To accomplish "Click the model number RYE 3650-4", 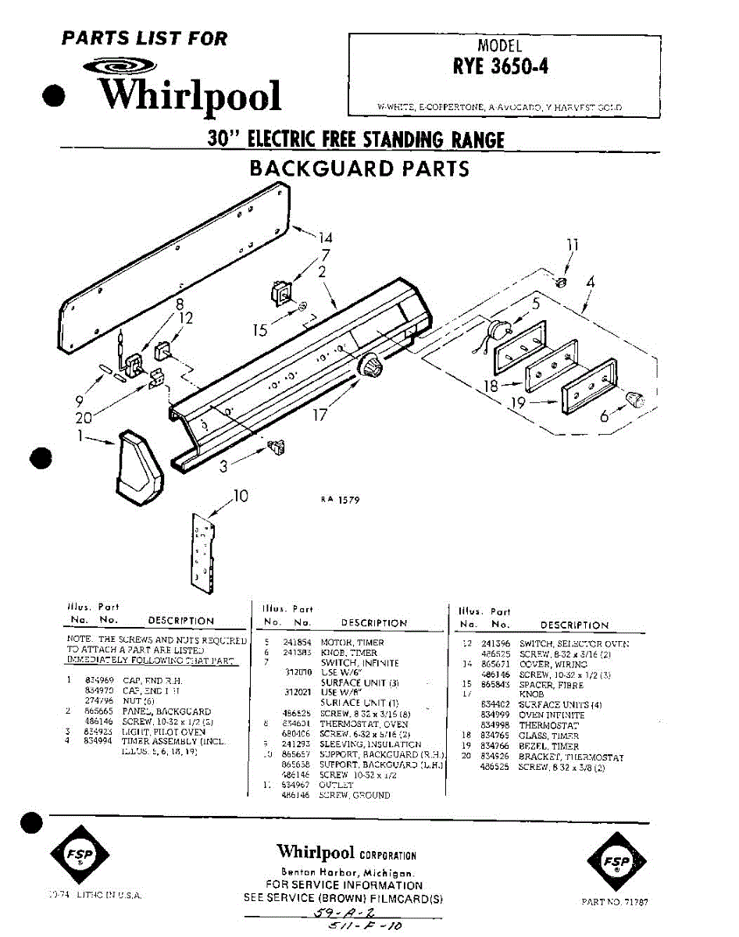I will click(500, 66).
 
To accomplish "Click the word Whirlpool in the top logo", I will click(189, 94).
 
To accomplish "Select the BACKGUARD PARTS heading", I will click(359, 168).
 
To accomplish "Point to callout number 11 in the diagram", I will click(573, 244).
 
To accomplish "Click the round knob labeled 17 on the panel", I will click(369, 365).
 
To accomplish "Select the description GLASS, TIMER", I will click(549, 736).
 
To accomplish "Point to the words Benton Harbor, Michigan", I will click(346, 872).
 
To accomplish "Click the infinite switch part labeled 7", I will click(279, 293).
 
